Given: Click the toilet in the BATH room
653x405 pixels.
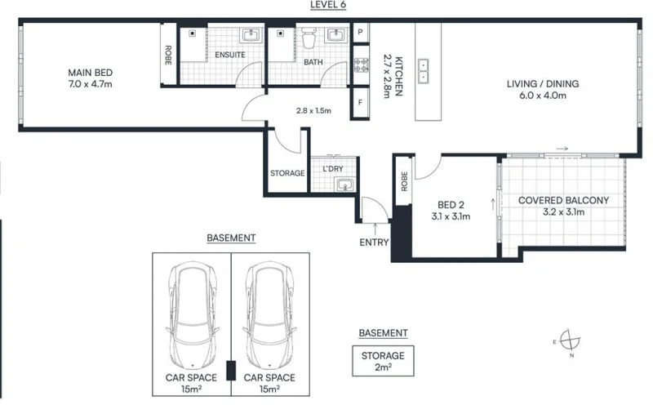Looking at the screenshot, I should pyautogui.click(x=309, y=38).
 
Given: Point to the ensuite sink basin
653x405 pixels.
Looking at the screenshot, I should pyautogui.click(x=250, y=35).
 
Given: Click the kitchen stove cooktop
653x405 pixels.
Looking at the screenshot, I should pyautogui.click(x=361, y=64).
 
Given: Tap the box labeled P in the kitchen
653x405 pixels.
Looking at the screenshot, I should pyautogui.click(x=361, y=33).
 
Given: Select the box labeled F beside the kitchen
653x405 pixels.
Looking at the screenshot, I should pyautogui.click(x=361, y=103).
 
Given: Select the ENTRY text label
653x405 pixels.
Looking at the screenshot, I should pyautogui.click(x=374, y=243).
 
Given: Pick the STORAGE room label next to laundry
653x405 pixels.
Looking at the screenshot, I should pyautogui.click(x=287, y=173).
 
